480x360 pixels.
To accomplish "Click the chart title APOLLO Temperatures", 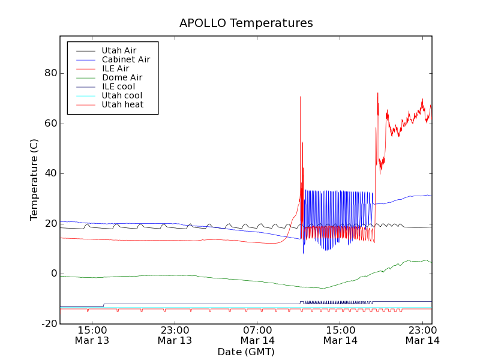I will point(246,23).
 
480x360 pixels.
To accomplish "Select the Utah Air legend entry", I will point(119,50).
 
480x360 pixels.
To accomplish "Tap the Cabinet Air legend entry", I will point(125,59).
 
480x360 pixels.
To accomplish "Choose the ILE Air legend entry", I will point(115,68).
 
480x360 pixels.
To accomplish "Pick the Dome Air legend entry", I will point(122,77).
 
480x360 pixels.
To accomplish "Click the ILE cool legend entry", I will point(118,86).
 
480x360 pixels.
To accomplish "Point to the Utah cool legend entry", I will point(122,95).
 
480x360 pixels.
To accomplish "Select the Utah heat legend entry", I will point(122,104).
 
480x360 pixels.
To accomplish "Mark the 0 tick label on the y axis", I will point(53,274).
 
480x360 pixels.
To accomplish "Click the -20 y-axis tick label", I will point(47,323).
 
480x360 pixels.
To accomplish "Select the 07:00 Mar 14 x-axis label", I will point(257,335).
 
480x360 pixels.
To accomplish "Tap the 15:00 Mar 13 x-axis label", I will point(92,335).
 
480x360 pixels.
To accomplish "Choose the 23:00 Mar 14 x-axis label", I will point(423,335).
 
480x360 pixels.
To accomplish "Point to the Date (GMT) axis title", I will point(246,352).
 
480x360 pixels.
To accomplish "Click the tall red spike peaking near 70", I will point(301,98).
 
